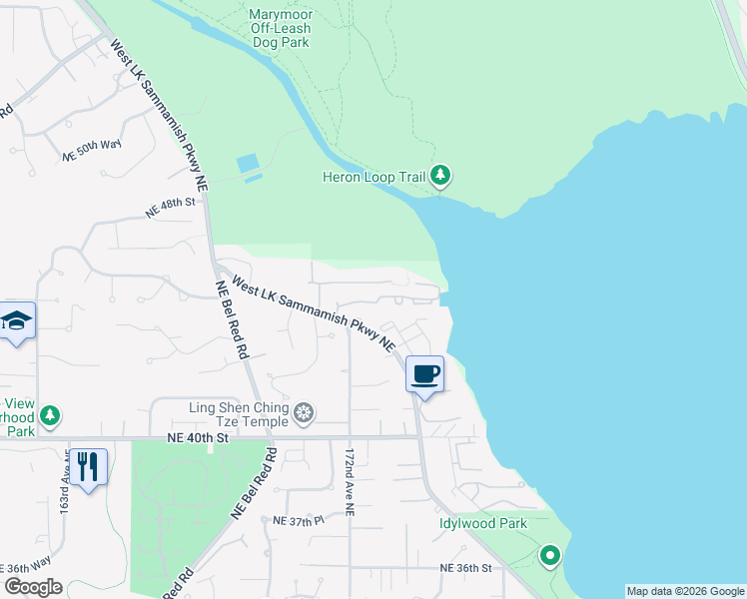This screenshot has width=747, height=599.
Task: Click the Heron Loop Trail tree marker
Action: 440,177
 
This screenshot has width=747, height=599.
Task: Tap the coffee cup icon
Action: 424,373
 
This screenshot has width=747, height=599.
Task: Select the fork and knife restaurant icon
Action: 88,466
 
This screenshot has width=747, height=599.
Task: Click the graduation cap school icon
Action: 18,320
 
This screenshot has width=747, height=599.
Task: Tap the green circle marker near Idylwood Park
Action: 548,555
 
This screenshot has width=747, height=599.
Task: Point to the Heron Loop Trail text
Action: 373,178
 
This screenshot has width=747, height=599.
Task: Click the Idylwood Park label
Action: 482,523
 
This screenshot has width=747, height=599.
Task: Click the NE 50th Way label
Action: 92,151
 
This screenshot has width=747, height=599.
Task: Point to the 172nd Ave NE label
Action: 350,481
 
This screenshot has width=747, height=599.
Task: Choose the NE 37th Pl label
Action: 299,521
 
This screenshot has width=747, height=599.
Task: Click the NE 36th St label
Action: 466,567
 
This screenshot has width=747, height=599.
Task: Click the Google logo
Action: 32,587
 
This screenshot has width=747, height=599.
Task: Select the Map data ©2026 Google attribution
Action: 685,591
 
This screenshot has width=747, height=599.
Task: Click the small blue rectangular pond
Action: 247,163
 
